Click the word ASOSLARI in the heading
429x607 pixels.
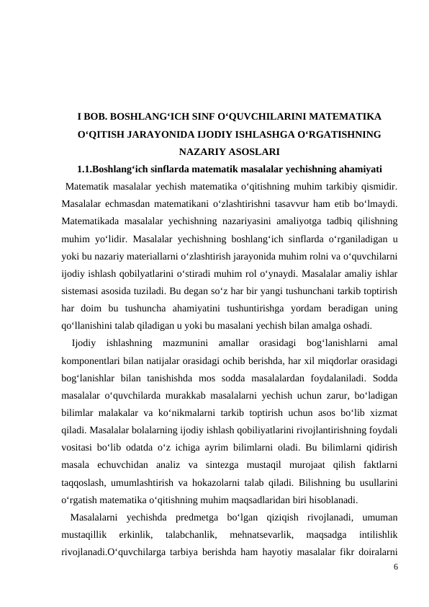pyautogui.click(x=253, y=152)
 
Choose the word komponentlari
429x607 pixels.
pyautogui.click(x=95, y=360)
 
